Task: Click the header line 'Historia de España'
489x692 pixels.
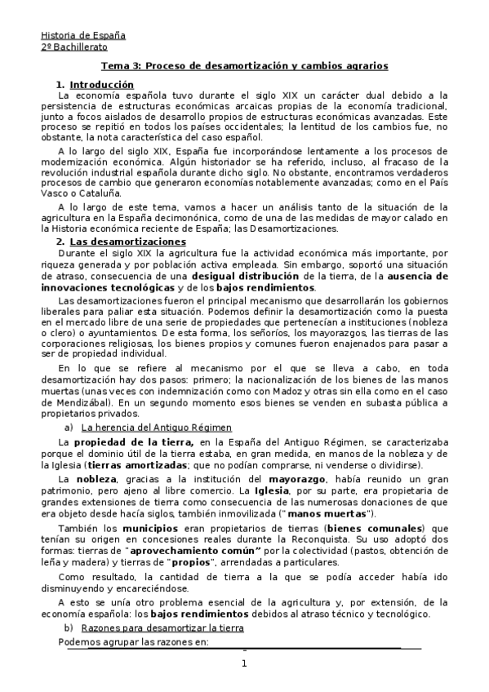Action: coord(83,35)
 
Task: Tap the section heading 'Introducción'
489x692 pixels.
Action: coord(101,84)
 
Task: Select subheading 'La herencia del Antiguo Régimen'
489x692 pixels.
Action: coord(158,427)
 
